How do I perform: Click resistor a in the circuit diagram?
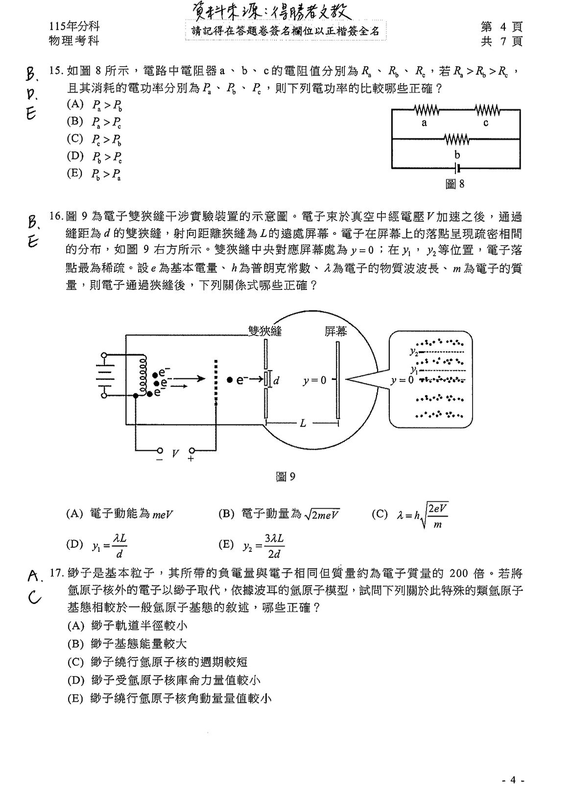coord(427,110)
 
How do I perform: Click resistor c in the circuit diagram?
coord(487,110)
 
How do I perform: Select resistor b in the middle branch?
coord(456,139)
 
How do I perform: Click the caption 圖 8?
coord(455,184)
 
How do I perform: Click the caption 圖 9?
coord(285,476)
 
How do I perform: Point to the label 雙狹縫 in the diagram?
coord(265,331)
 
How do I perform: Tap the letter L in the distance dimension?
coord(303,424)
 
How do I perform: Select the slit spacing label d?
coord(276,380)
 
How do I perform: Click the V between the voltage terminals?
coord(175,453)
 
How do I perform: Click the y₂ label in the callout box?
coord(414,351)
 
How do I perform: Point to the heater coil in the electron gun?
coord(143,375)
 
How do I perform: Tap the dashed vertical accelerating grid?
coord(215,382)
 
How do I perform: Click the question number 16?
coord(56,216)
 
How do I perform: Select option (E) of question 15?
coord(94,174)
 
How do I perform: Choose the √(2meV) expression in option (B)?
coord(322,514)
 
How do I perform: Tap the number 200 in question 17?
coord(459,573)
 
